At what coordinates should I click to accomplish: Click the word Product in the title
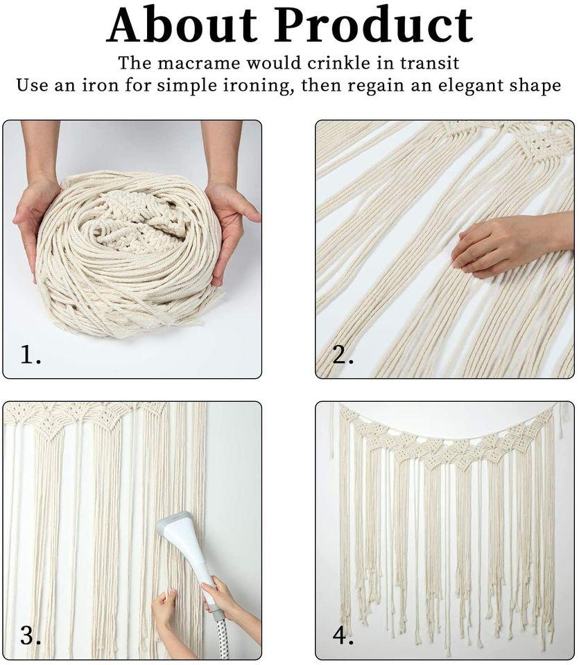pos(374,26)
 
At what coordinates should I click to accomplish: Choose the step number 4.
pos(343,635)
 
